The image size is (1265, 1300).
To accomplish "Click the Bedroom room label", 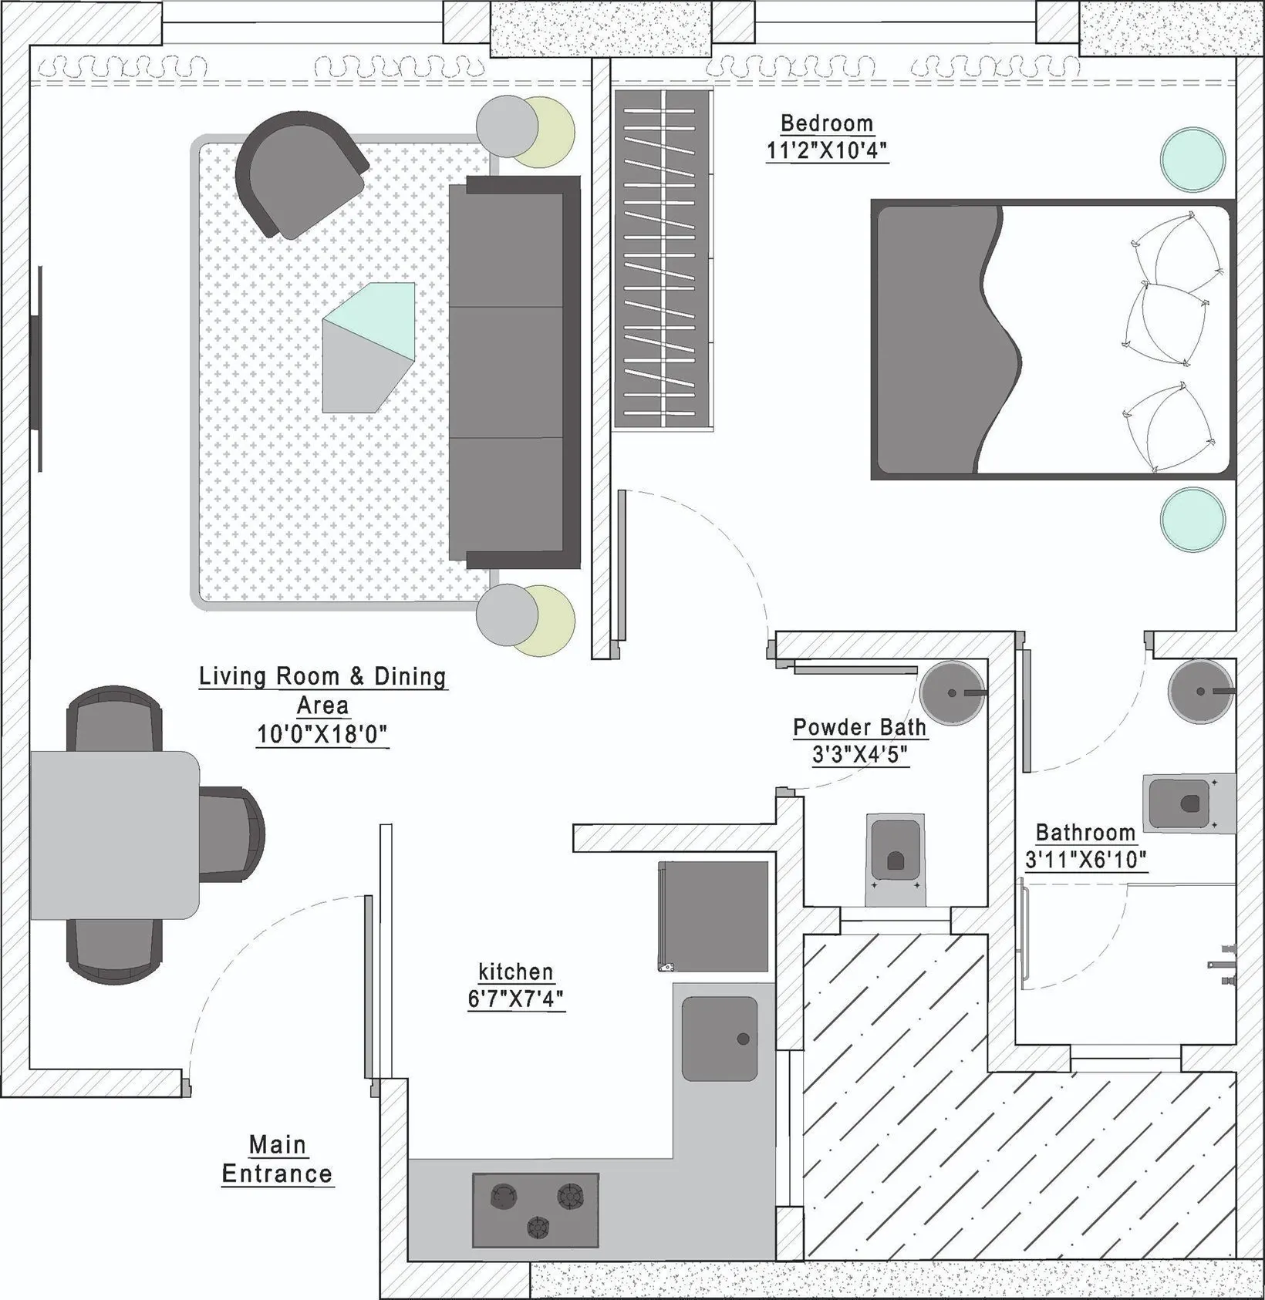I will (826, 123).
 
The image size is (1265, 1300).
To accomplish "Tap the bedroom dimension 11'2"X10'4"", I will (826, 150).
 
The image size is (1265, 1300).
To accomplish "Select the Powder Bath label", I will (859, 727).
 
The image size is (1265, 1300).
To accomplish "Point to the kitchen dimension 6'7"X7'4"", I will (516, 999).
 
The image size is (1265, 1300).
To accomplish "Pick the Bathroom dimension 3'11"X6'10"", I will (1085, 860).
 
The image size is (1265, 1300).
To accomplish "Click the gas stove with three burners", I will (535, 1211).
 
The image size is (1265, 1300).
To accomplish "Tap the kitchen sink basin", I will (719, 1039).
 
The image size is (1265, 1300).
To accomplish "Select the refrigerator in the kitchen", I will (713, 916).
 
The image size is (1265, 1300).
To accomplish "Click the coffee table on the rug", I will (369, 348).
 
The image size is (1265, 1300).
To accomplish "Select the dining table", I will (114, 835).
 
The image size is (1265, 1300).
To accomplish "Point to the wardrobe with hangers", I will (663, 258).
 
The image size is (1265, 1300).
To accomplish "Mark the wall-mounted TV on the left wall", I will (35, 369).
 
